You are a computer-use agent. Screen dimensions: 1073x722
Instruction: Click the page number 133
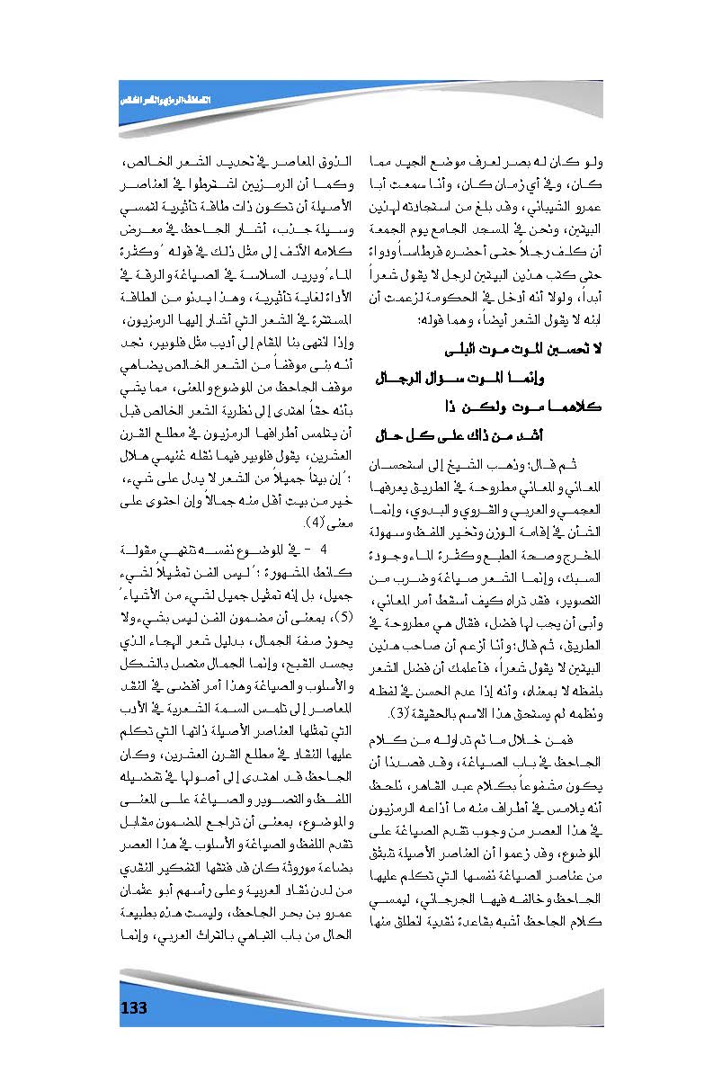(133, 1007)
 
